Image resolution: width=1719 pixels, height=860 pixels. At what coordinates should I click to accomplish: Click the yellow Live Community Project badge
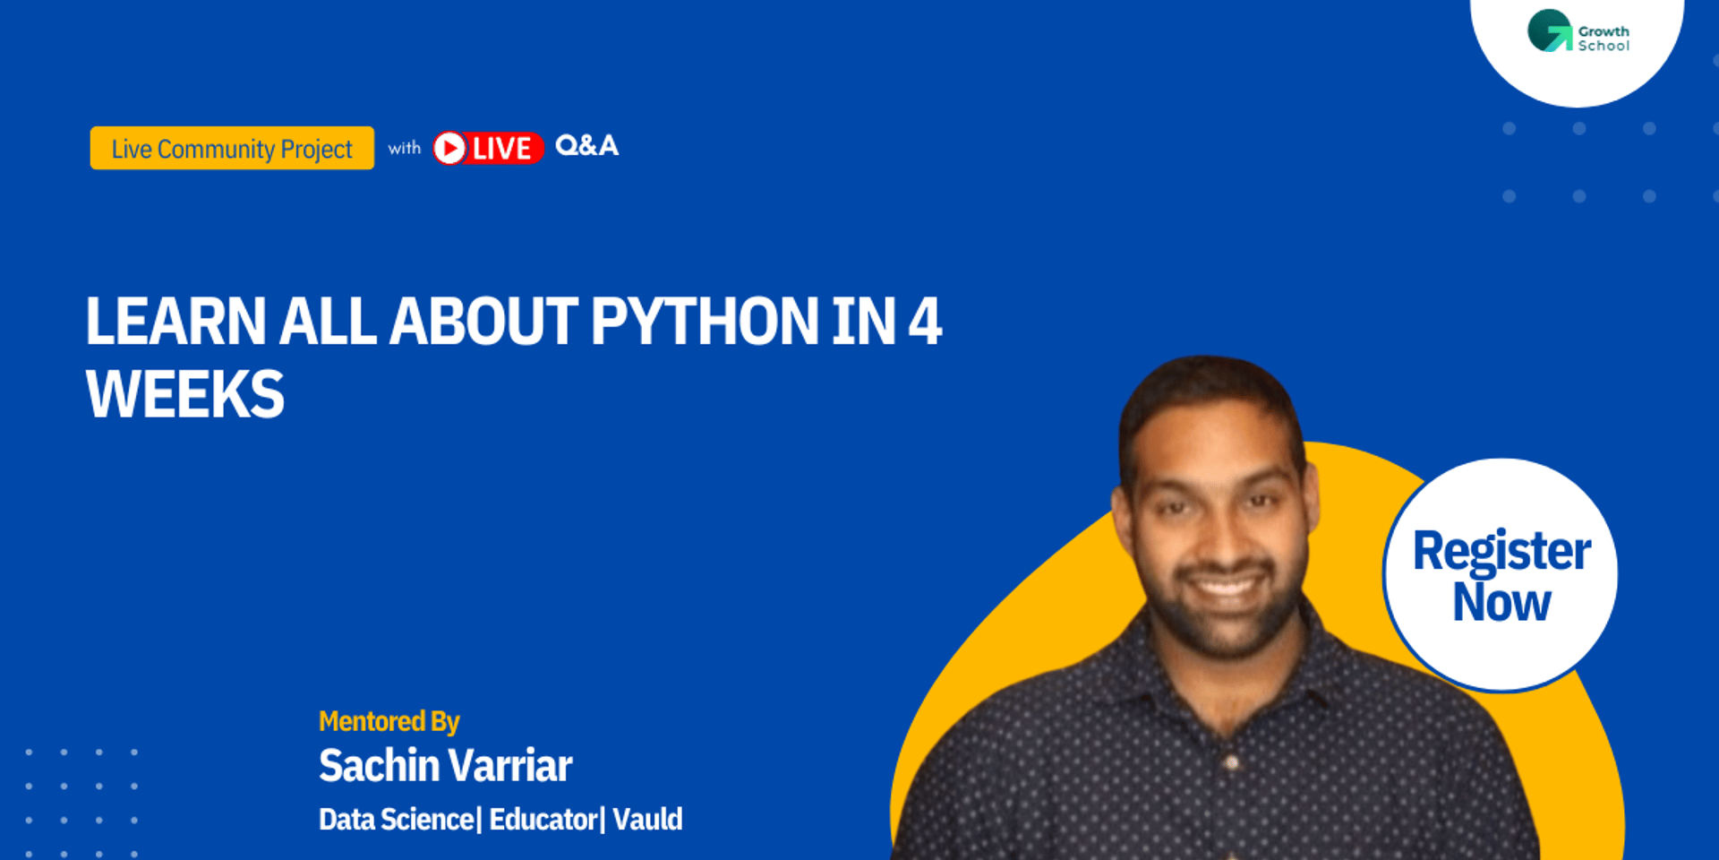click(232, 148)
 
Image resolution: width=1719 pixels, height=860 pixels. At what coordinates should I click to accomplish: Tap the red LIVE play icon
click(450, 148)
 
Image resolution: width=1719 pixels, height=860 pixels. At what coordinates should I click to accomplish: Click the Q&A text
click(586, 145)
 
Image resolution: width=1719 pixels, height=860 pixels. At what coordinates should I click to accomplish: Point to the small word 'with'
click(404, 148)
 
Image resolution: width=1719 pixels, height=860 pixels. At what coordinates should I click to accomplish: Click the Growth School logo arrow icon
click(1551, 31)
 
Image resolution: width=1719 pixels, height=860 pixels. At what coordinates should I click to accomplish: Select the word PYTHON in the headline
click(704, 321)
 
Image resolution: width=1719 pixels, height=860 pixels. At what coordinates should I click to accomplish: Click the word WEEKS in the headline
click(185, 394)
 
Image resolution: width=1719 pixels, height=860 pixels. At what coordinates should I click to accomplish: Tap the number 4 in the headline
click(925, 321)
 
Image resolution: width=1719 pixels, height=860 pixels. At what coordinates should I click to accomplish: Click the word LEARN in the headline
click(175, 321)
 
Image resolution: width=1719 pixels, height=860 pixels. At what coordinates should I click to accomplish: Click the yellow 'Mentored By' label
click(389, 721)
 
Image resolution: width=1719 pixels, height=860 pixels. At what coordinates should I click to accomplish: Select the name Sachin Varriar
click(445, 766)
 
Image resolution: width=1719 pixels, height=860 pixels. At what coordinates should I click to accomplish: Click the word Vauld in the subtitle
click(647, 819)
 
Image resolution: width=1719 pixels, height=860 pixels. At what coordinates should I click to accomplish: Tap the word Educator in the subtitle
click(543, 819)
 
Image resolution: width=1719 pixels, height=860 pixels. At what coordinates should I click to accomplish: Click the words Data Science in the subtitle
click(396, 819)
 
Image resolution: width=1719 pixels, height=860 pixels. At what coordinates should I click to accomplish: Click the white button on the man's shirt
click(1233, 763)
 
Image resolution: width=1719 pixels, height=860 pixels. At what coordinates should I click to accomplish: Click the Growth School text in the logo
click(1603, 39)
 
